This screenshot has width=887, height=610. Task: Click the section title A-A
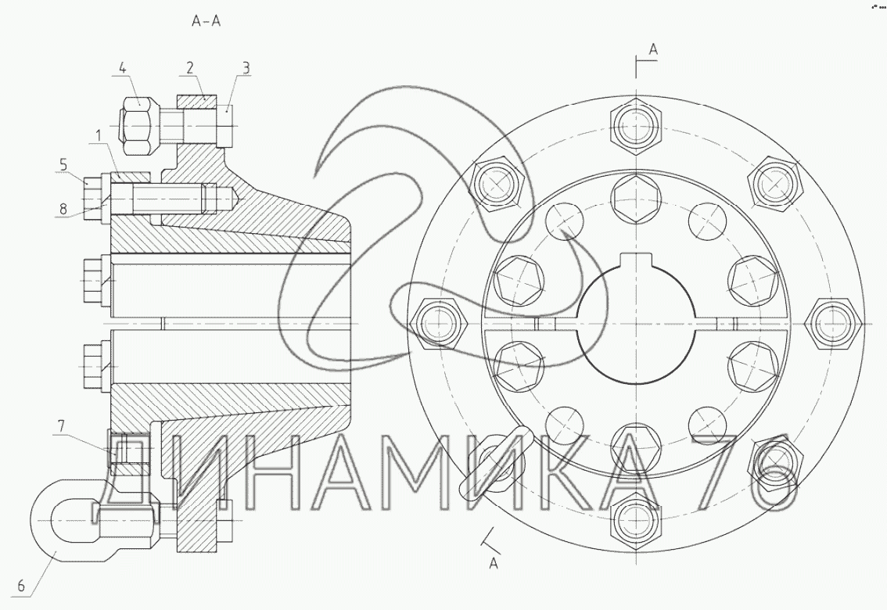(x=206, y=22)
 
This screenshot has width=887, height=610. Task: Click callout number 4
(x=123, y=68)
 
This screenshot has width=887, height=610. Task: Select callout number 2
(x=190, y=68)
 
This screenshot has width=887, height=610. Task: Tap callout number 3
(x=246, y=68)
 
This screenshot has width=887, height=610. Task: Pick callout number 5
(x=63, y=164)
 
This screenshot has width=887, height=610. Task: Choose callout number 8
(x=63, y=209)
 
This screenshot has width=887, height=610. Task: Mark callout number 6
(x=21, y=586)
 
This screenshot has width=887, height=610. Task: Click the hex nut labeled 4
(x=136, y=125)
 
